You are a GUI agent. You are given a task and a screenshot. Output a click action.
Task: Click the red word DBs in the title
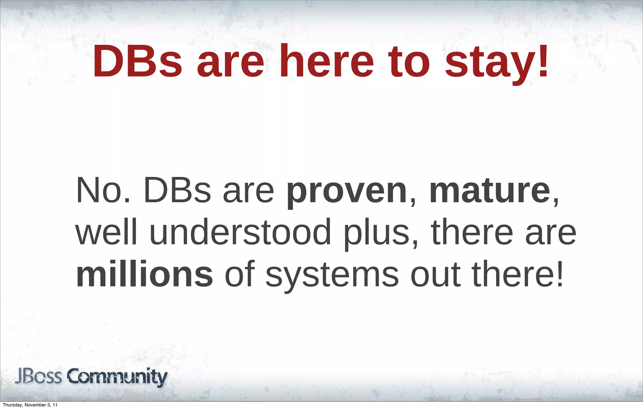pyautogui.click(x=137, y=62)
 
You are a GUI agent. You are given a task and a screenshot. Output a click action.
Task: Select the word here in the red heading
pyautogui.click(x=327, y=62)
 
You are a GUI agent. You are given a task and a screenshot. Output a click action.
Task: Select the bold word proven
pyautogui.click(x=347, y=192)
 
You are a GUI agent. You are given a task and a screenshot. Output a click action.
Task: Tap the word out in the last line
pyautogui.click(x=436, y=274)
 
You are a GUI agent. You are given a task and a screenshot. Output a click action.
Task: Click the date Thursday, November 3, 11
pyautogui.click(x=30, y=405)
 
